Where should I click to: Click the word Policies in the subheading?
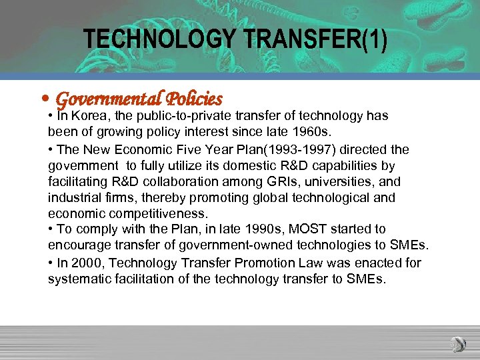(x=193, y=99)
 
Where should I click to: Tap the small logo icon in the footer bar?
(x=457, y=345)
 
